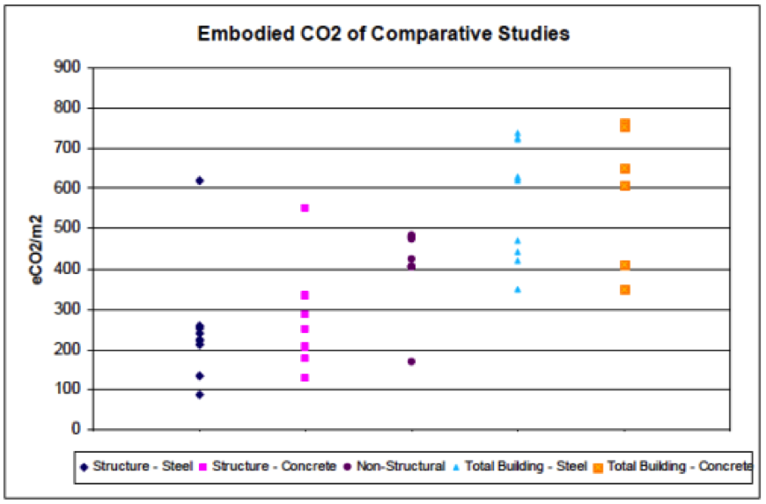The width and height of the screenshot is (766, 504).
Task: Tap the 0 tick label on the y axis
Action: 76,430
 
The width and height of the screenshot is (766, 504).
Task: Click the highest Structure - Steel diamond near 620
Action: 200,181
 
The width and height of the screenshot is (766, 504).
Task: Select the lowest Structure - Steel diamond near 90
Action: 200,395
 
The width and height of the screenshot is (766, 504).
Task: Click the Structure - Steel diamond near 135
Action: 200,376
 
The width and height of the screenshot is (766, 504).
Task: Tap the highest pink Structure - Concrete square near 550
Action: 305,208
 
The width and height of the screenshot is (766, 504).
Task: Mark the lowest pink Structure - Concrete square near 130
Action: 305,378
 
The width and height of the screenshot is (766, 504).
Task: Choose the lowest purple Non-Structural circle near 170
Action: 411,361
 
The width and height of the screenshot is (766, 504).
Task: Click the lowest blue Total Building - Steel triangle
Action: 518,289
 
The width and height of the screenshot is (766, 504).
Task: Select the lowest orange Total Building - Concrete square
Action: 624,290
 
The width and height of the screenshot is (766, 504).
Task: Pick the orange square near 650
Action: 624,168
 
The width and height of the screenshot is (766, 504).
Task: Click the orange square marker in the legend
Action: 598,467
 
